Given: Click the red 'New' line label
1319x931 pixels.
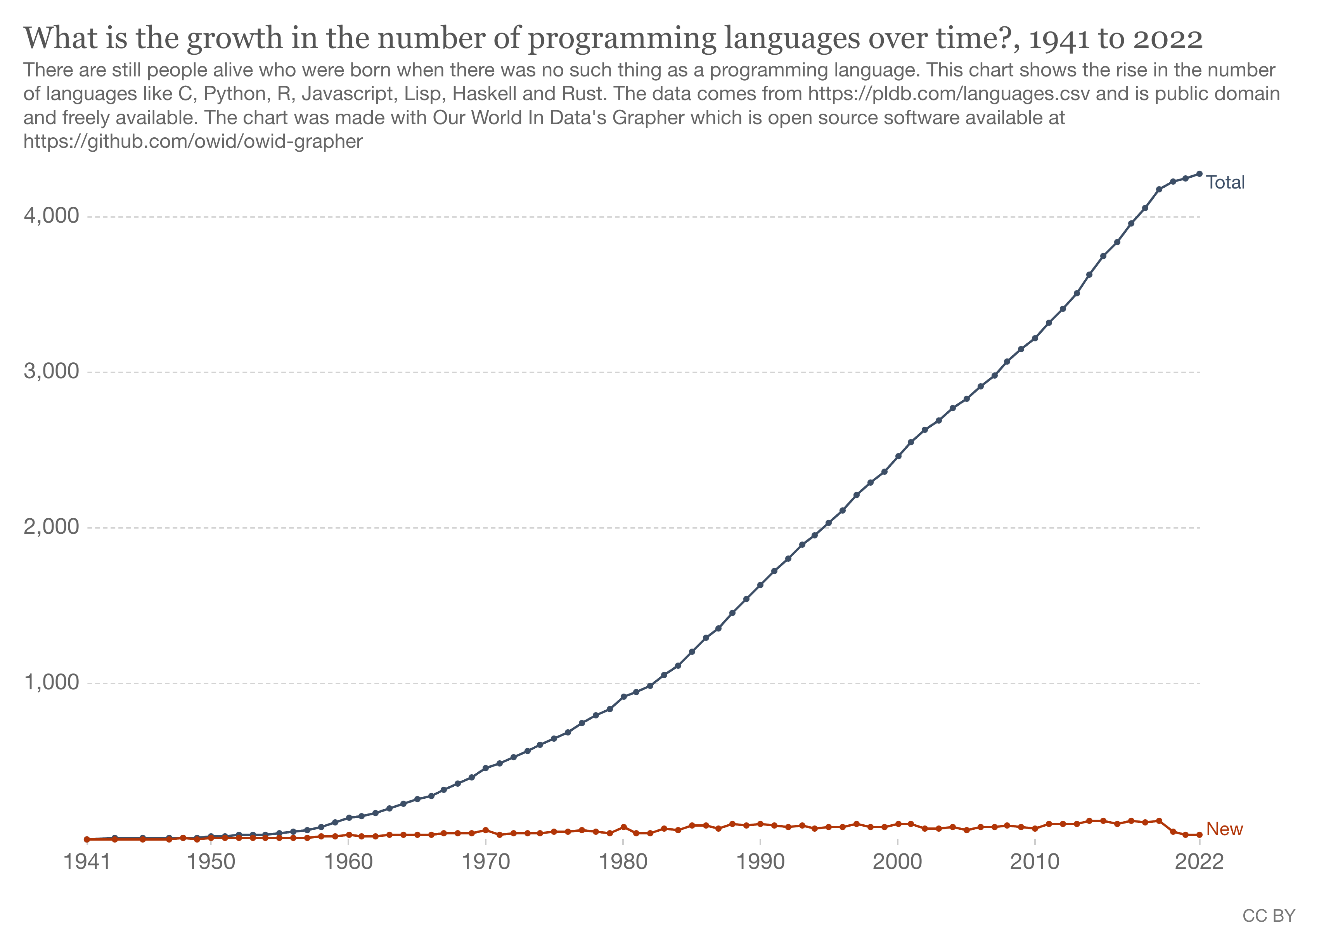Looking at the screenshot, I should coord(1224,829).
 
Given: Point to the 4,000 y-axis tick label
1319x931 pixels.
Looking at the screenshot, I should coord(51,216).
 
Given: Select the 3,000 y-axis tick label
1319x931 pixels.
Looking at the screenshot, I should coord(51,372).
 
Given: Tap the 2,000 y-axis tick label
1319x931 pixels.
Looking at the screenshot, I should coord(51,527).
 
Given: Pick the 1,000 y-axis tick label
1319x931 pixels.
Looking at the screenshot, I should coord(51,682).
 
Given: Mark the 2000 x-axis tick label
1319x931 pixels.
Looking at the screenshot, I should coord(897,862).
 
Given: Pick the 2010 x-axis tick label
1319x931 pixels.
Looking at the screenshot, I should coord(1035,862).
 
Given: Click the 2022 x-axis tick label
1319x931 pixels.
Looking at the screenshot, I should coord(1199,862).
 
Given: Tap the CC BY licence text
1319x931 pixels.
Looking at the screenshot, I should coord(1269,915).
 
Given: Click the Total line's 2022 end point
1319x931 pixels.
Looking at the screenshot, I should coord(1199,173).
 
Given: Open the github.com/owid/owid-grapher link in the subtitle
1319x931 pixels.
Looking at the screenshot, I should coord(193,141).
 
